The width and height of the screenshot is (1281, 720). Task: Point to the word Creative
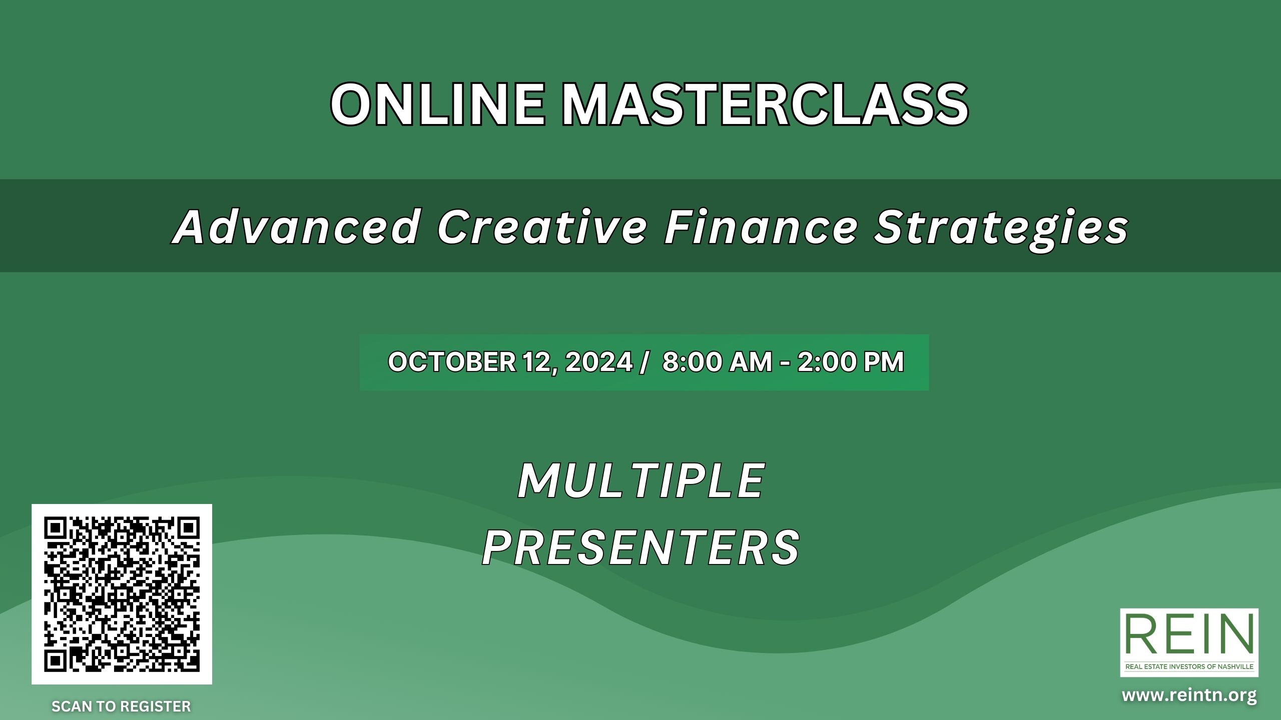pos(542,227)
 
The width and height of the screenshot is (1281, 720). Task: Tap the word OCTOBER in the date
pos(452,361)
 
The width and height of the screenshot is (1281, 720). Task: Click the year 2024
pos(599,361)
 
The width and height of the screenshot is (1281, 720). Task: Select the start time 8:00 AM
pos(717,361)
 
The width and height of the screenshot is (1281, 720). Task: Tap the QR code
pos(122,594)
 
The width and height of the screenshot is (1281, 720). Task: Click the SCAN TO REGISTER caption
pos(121,706)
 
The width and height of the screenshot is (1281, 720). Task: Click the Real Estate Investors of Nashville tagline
pos(1189,667)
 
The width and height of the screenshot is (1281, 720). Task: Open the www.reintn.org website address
pos(1189,695)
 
